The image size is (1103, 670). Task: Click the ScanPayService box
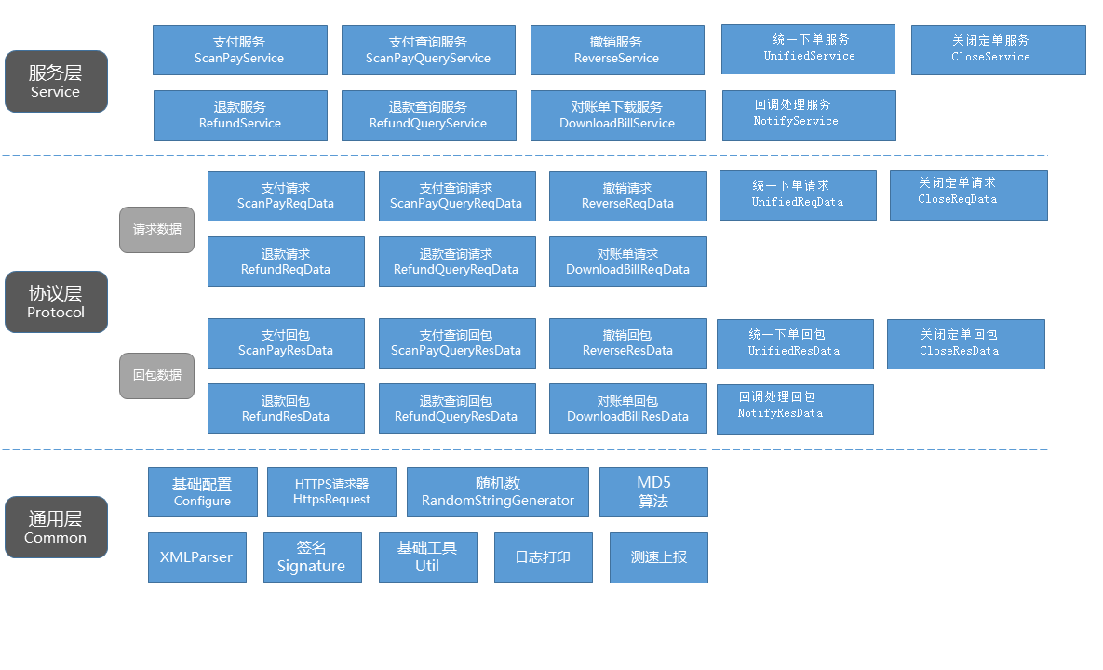[x=239, y=50]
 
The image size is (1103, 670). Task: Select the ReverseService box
[x=616, y=50]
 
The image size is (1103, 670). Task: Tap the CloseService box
[x=998, y=50]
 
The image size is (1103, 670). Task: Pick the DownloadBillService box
[x=616, y=115]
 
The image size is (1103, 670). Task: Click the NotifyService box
[x=808, y=115]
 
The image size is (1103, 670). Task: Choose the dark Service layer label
[x=56, y=82]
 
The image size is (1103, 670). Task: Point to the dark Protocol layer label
[x=56, y=302]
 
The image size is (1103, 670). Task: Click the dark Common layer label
[x=56, y=528]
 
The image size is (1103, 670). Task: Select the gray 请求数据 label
[x=156, y=230]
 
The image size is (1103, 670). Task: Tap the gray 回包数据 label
[x=156, y=376]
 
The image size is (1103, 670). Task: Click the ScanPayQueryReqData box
[x=456, y=196]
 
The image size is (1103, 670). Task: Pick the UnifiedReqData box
[x=798, y=195]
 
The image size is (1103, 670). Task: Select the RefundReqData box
[x=286, y=261]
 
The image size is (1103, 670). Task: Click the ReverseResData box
[x=627, y=343]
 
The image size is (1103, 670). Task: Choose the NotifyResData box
[x=795, y=409]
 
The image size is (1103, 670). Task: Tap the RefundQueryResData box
[x=456, y=409]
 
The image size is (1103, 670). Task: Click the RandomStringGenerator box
[x=498, y=492]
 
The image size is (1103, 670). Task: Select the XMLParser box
[x=196, y=557]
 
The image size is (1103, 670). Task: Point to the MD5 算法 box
[x=653, y=492]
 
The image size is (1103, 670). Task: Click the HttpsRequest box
[x=331, y=492]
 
